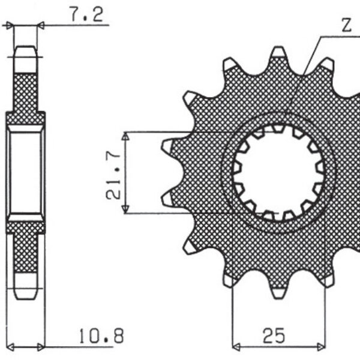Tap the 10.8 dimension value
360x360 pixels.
pos(101,335)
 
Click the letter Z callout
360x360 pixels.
pos(346,26)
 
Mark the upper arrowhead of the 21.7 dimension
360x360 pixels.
pos(125,136)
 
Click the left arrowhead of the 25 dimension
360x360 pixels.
pos(235,346)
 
